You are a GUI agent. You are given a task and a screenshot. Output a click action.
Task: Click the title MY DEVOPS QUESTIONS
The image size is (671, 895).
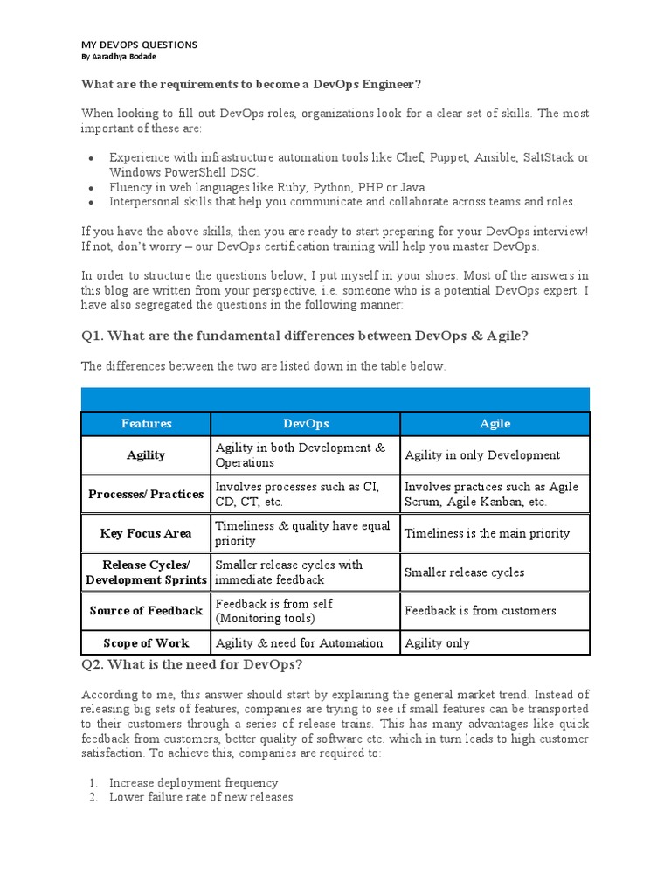tap(139, 45)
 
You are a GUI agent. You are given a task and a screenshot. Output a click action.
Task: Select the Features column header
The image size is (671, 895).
tap(146, 424)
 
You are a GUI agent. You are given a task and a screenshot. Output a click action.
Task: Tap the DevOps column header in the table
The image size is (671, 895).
tap(306, 424)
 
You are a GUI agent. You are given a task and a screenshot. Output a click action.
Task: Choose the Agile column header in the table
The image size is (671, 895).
tap(495, 424)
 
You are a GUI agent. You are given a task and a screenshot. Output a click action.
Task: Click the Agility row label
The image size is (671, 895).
tap(146, 455)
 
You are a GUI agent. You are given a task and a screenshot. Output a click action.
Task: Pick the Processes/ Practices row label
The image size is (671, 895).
tap(146, 495)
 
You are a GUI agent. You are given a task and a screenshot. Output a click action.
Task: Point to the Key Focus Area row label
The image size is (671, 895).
tap(146, 533)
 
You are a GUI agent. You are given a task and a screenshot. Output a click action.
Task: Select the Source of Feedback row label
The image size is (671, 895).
tap(146, 611)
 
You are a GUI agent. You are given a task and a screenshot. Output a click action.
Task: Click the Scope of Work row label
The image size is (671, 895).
tap(146, 643)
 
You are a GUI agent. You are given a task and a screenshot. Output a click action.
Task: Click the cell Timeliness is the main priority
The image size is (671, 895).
tap(487, 533)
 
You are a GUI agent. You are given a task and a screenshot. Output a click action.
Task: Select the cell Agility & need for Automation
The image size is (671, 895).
tap(299, 643)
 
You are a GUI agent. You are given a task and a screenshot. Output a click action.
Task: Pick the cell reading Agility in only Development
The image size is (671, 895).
tap(482, 455)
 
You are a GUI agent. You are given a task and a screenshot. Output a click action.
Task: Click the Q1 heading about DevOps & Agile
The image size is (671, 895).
tap(304, 335)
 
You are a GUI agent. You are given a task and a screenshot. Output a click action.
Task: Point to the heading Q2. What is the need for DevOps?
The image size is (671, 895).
tap(191, 665)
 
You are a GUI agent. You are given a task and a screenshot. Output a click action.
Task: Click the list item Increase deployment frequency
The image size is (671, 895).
tap(193, 783)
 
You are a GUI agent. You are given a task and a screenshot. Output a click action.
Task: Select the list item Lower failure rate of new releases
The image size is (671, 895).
tap(200, 797)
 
